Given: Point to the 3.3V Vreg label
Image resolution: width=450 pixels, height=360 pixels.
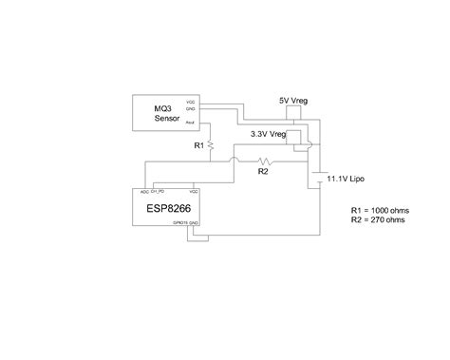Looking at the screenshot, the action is click(x=271, y=135).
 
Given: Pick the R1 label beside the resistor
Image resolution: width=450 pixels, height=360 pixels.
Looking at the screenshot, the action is click(x=198, y=146).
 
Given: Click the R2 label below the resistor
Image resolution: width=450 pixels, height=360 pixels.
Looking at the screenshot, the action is click(x=264, y=172).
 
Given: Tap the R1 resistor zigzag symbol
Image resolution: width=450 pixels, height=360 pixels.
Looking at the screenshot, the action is click(x=213, y=145).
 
